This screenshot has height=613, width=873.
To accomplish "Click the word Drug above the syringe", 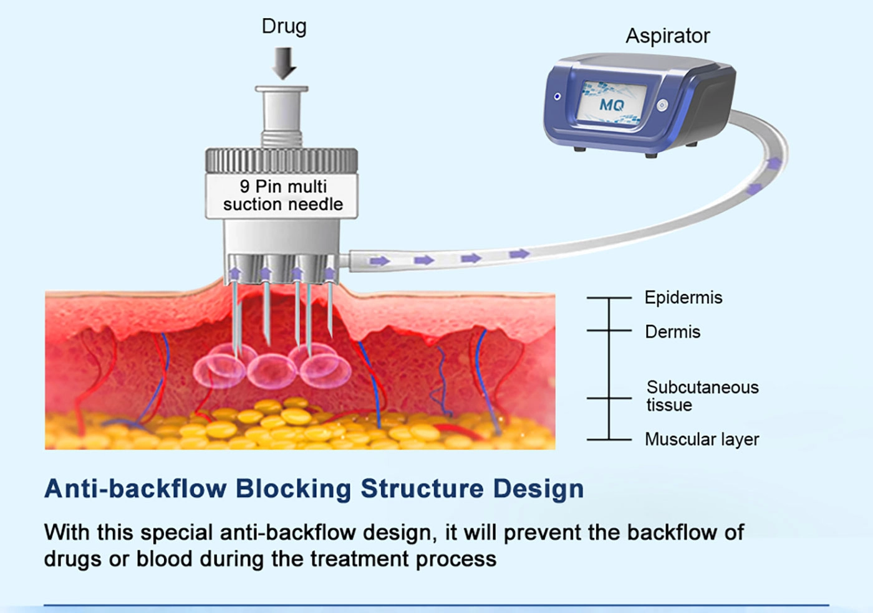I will (x=284, y=26).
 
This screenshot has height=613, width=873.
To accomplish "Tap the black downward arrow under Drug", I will (x=284, y=63).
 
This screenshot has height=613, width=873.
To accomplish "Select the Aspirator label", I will (x=667, y=36).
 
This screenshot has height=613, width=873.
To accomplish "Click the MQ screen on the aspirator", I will (x=612, y=104).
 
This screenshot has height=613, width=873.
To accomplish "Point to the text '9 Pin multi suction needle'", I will (x=282, y=196).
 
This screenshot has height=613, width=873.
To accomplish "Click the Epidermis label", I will (x=683, y=298).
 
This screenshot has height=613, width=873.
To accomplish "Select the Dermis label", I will (x=672, y=332).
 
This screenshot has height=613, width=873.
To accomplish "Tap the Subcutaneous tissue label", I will (x=702, y=396).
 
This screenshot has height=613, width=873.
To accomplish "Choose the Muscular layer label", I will (x=702, y=440).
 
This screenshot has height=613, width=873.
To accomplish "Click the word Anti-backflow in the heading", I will (x=135, y=489).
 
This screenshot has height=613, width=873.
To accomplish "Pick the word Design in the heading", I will (x=538, y=489).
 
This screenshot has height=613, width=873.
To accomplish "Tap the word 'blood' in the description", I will (x=164, y=559).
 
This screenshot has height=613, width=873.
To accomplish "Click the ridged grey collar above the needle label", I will (x=282, y=161).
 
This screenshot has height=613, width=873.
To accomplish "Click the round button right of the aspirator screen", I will (x=662, y=105).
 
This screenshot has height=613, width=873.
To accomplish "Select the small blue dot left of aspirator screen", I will (x=557, y=97).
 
